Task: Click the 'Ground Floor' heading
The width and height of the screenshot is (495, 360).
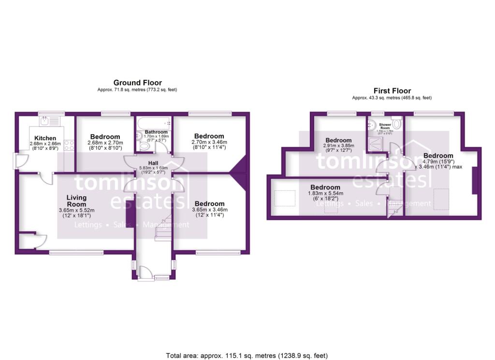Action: pyautogui.click(x=137, y=83)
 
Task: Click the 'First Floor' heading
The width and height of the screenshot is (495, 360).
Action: pyautogui.click(x=392, y=90)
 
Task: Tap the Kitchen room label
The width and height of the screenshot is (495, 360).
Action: pyautogui.click(x=42, y=138)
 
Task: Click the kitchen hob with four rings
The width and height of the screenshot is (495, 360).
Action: pyautogui.click(x=69, y=144)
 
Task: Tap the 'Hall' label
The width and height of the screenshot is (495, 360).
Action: pyautogui.click(x=153, y=163)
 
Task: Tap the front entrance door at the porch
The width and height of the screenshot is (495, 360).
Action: pyautogui.click(x=146, y=274)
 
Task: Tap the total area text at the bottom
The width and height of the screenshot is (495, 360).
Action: pyautogui.click(x=247, y=355)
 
